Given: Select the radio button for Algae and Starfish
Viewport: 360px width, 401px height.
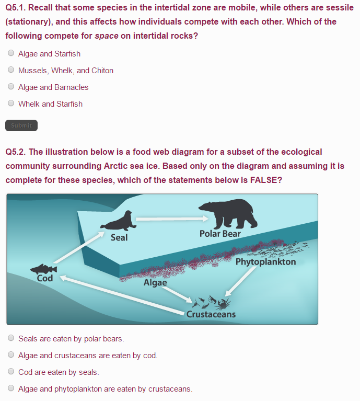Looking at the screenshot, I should click(x=11, y=53).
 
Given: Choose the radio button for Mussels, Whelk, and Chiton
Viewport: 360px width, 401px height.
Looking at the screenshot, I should click(x=11, y=70).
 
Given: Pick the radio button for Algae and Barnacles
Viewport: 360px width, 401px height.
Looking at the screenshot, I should click(x=11, y=87).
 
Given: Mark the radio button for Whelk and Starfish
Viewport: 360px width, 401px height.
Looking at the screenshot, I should click(x=11, y=104).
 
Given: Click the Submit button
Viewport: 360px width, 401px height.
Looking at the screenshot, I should click(x=21, y=125).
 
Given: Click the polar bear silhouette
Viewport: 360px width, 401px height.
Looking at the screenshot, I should click(x=227, y=213).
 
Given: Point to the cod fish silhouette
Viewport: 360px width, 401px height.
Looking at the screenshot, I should click(x=44, y=269).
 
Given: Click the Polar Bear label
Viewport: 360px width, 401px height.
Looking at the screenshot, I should click(x=220, y=234).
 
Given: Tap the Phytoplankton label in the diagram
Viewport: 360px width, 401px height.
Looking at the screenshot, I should click(x=265, y=261).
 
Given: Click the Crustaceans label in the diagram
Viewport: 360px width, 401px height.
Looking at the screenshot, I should click(x=211, y=314).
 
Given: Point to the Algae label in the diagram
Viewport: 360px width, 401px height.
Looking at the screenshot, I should click(x=155, y=282).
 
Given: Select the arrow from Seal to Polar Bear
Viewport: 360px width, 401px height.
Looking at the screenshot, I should click(x=167, y=219).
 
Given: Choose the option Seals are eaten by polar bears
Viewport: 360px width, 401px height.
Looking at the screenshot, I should click(x=11, y=338).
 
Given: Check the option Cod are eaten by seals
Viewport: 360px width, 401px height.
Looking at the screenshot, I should click(x=11, y=372).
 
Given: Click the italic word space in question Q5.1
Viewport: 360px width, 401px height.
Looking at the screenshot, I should click(x=106, y=36).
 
